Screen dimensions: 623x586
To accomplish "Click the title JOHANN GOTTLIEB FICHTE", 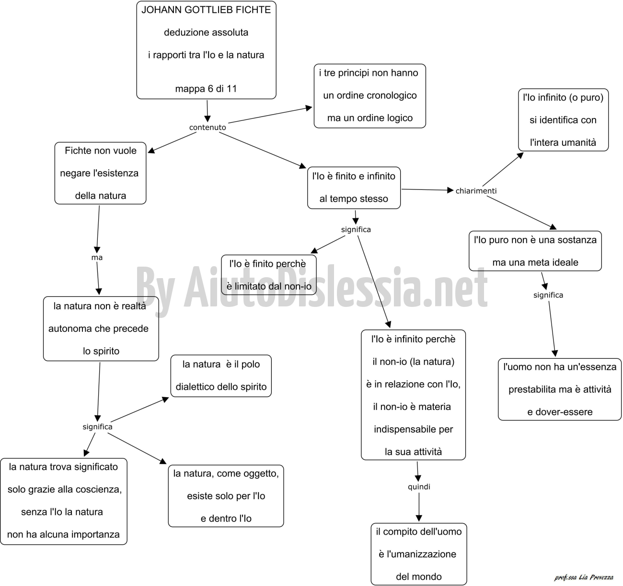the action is point(206,10).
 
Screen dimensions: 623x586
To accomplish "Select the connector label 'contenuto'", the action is point(208,127).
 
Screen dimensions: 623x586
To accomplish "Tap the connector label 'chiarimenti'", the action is point(476,191).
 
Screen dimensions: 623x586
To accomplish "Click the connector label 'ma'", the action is point(97,258).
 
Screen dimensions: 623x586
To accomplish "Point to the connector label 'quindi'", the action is point(419,486).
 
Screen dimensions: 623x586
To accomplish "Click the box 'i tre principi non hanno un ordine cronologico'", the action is point(369,96).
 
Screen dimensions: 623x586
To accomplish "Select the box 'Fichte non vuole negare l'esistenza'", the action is point(100,173).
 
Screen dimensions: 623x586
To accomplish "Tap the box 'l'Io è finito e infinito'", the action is point(354,188).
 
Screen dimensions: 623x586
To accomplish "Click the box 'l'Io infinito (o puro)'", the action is point(563,120).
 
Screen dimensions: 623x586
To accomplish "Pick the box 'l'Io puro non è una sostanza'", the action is point(535,251).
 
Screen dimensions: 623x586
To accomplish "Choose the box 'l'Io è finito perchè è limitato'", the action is point(269,275).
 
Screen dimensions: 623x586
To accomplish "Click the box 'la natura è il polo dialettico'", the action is point(221,375).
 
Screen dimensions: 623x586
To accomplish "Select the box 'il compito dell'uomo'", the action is point(419,554).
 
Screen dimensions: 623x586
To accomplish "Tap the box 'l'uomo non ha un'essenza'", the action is point(560,389).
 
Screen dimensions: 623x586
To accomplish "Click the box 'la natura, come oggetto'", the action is point(226,496).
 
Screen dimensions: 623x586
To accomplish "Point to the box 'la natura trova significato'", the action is point(64,501).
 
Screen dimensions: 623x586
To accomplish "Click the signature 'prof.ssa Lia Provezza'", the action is point(584,577).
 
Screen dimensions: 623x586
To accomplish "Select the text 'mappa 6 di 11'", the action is point(206,89).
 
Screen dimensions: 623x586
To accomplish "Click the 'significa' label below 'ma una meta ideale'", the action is point(548,295).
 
